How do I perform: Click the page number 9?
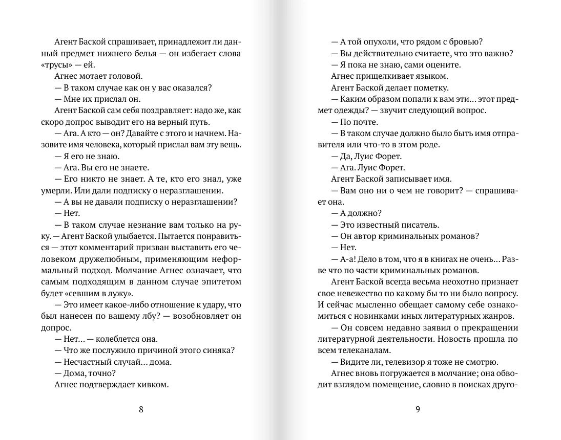coord(418,409)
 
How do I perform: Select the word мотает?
coord(95,76)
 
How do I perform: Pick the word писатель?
coord(419,224)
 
